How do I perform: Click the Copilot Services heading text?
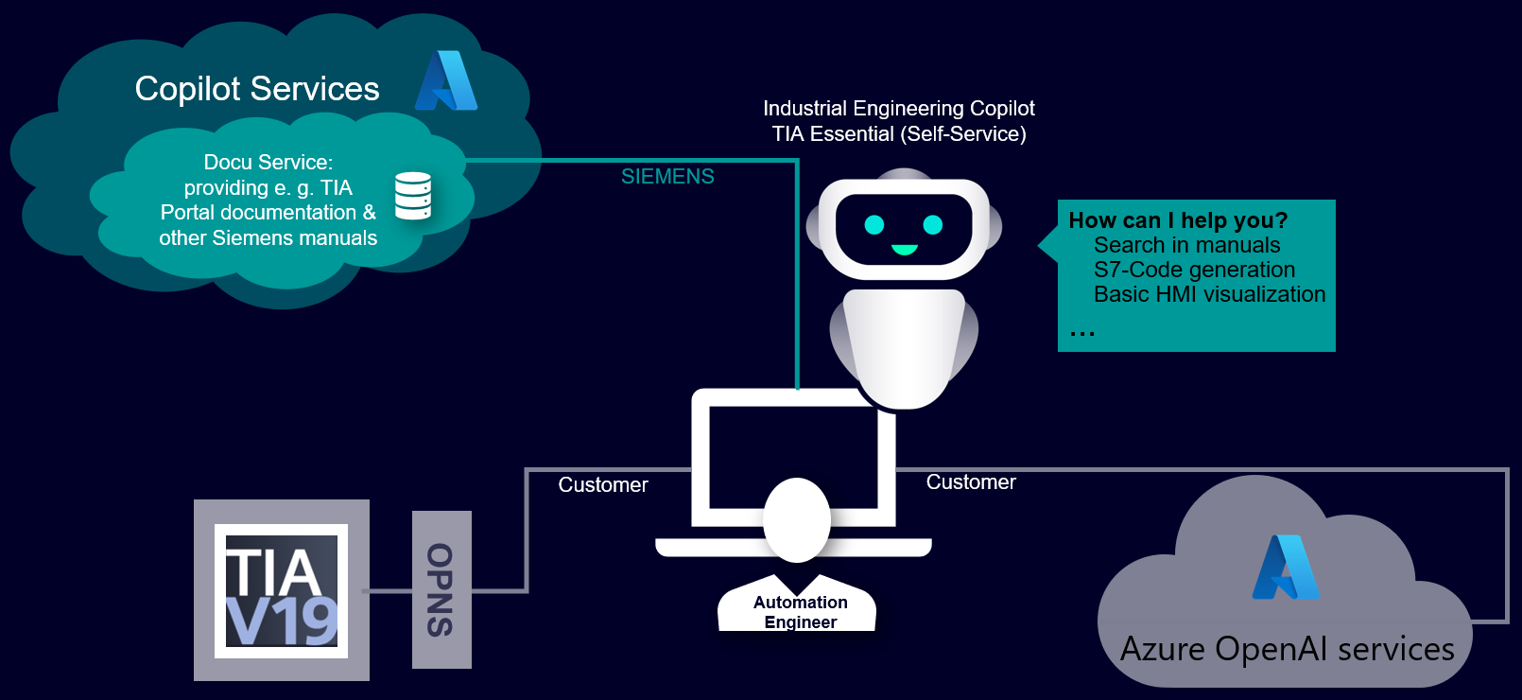[257, 89]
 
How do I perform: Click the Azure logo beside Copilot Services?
[446, 81]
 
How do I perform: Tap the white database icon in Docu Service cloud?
[413, 196]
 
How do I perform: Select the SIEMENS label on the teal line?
[667, 177]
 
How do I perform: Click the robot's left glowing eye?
[874, 224]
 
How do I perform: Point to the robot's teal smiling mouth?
[905, 250]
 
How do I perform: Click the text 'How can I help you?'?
[1178, 220]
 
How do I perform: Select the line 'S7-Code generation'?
[1194, 270]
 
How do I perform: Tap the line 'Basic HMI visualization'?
[1209, 294]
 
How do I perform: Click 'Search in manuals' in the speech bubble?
[1186, 245]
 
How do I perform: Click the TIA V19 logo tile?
[282, 591]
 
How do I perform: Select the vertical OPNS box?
[441, 589]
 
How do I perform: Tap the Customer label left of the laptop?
[603, 485]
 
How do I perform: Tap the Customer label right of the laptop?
[971, 482]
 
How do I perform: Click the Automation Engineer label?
[800, 612]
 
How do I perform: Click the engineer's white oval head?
[797, 519]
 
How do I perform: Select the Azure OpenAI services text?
[1287, 650]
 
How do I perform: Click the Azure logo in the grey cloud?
[1286, 568]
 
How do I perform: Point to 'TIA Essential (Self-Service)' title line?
[898, 134]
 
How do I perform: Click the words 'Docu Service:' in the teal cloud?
[268, 163]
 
